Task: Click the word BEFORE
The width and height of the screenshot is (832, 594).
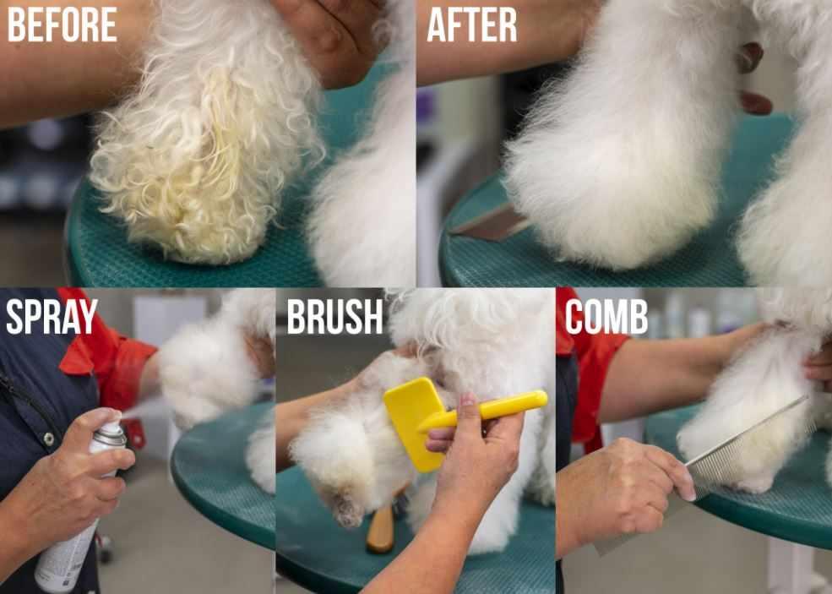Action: (x=62, y=25)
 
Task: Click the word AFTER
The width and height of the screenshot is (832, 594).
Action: (x=471, y=25)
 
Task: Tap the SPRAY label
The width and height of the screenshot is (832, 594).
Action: (x=52, y=316)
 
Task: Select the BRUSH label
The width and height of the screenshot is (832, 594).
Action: (x=334, y=316)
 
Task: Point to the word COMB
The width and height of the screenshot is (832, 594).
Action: (x=606, y=316)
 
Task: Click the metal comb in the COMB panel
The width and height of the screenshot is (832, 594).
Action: (x=743, y=448)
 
